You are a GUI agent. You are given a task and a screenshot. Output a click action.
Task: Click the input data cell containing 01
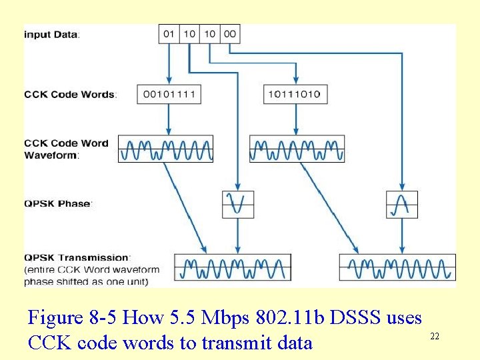click(x=169, y=34)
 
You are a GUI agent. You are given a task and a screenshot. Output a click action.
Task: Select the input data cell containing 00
click(x=230, y=34)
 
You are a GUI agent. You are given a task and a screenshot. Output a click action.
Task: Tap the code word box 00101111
click(x=169, y=94)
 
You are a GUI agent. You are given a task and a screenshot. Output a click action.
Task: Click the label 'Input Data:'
click(x=52, y=34)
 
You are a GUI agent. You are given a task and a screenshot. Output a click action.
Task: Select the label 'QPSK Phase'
click(x=58, y=203)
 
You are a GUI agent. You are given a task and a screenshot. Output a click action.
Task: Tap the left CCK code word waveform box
click(x=166, y=149)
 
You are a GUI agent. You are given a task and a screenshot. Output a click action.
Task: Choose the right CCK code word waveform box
click(x=297, y=149)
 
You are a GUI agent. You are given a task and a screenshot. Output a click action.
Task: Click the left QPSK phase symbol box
click(x=238, y=204)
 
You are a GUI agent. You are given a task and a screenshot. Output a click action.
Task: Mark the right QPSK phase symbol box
click(x=402, y=204)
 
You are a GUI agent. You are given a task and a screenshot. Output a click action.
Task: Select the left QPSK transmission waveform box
click(x=233, y=267)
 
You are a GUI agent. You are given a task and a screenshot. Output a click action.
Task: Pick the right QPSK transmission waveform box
click(x=397, y=267)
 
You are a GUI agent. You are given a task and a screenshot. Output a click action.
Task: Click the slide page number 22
click(x=434, y=337)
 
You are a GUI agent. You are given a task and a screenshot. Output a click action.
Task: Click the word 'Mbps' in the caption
click(x=221, y=317)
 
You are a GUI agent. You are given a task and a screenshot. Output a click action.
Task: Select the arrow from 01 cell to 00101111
click(x=169, y=63)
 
